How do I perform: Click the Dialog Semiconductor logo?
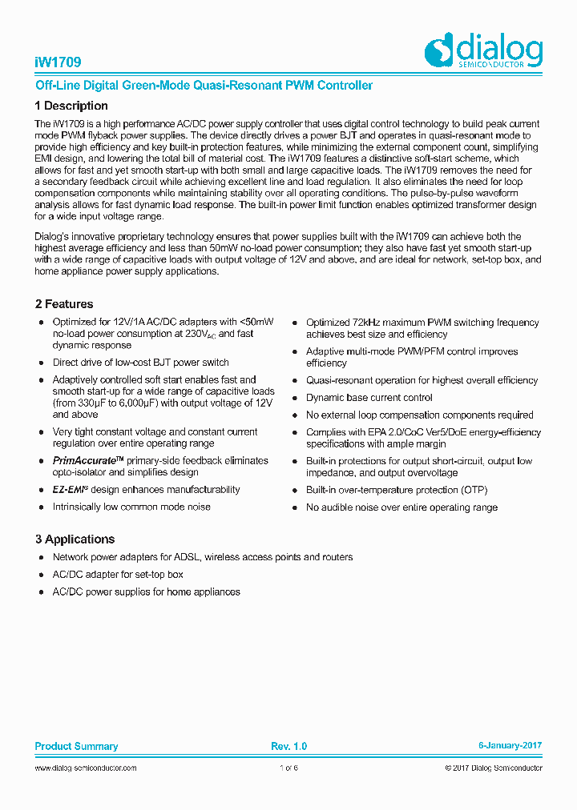point(483,51)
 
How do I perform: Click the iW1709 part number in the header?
point(58,62)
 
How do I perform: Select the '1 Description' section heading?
point(71,106)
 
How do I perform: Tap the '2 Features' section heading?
point(64,304)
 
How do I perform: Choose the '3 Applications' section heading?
point(75,539)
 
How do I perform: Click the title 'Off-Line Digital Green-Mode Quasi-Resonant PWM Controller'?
point(204,85)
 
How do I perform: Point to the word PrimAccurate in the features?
point(84,461)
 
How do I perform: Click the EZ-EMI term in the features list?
point(71,490)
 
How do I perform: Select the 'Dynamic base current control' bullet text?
point(369,398)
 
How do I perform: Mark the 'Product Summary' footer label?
point(76,746)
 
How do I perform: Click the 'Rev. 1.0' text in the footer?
point(288,746)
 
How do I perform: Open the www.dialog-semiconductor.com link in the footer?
point(86,768)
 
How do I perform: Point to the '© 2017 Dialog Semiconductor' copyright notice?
point(494,768)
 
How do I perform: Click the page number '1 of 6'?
point(288,768)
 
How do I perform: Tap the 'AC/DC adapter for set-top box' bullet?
point(118,575)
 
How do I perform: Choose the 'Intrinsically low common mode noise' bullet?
point(131,507)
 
